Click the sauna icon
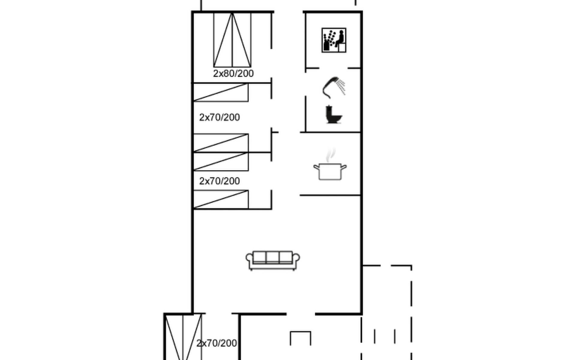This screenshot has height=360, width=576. pos(334,40)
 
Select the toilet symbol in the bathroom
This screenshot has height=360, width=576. pos(334,114)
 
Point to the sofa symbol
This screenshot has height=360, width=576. pos(273,260)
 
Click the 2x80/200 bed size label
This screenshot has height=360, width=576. pos(233,73)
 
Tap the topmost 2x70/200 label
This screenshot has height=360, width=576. pos(220,117)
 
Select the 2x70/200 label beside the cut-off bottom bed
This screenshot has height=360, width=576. pos(217,343)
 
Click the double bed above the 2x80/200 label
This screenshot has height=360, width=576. pos(232,40)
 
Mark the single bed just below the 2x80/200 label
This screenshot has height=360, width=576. pos(221,93)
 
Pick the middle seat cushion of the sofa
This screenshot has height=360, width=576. pos(273,257)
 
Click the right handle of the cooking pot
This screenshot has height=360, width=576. pos(344,167)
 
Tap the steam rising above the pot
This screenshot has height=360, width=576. pos(330,155)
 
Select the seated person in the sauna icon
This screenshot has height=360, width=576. pos(340,39)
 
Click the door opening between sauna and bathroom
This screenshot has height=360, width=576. pos(334,68)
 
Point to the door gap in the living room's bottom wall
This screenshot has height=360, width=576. pos(301,314)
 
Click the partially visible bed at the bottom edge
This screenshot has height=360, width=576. pos(183,337)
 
